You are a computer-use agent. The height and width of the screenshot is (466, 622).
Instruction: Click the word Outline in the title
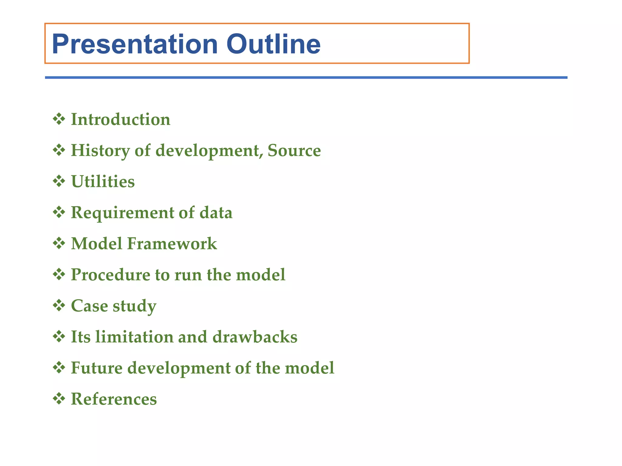(x=273, y=44)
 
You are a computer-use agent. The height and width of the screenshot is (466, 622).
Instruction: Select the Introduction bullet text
(x=121, y=119)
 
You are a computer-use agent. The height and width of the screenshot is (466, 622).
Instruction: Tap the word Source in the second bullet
(x=294, y=150)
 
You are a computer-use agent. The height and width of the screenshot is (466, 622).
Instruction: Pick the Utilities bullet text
(x=103, y=181)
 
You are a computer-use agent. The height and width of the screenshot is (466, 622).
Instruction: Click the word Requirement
(x=122, y=212)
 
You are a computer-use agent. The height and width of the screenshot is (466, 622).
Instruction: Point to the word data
(x=216, y=212)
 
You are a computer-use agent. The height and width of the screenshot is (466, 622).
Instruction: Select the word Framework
(x=172, y=244)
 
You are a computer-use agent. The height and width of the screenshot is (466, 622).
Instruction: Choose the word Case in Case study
(x=89, y=306)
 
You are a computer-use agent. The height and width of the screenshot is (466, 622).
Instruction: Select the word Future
(x=97, y=368)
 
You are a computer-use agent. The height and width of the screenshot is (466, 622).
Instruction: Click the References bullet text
(x=114, y=399)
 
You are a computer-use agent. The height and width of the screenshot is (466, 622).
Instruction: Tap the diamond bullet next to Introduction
(x=59, y=119)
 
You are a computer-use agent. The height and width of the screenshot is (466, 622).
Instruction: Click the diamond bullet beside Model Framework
(x=59, y=243)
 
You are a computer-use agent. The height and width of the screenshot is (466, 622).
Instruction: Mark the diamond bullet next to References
(x=59, y=399)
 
